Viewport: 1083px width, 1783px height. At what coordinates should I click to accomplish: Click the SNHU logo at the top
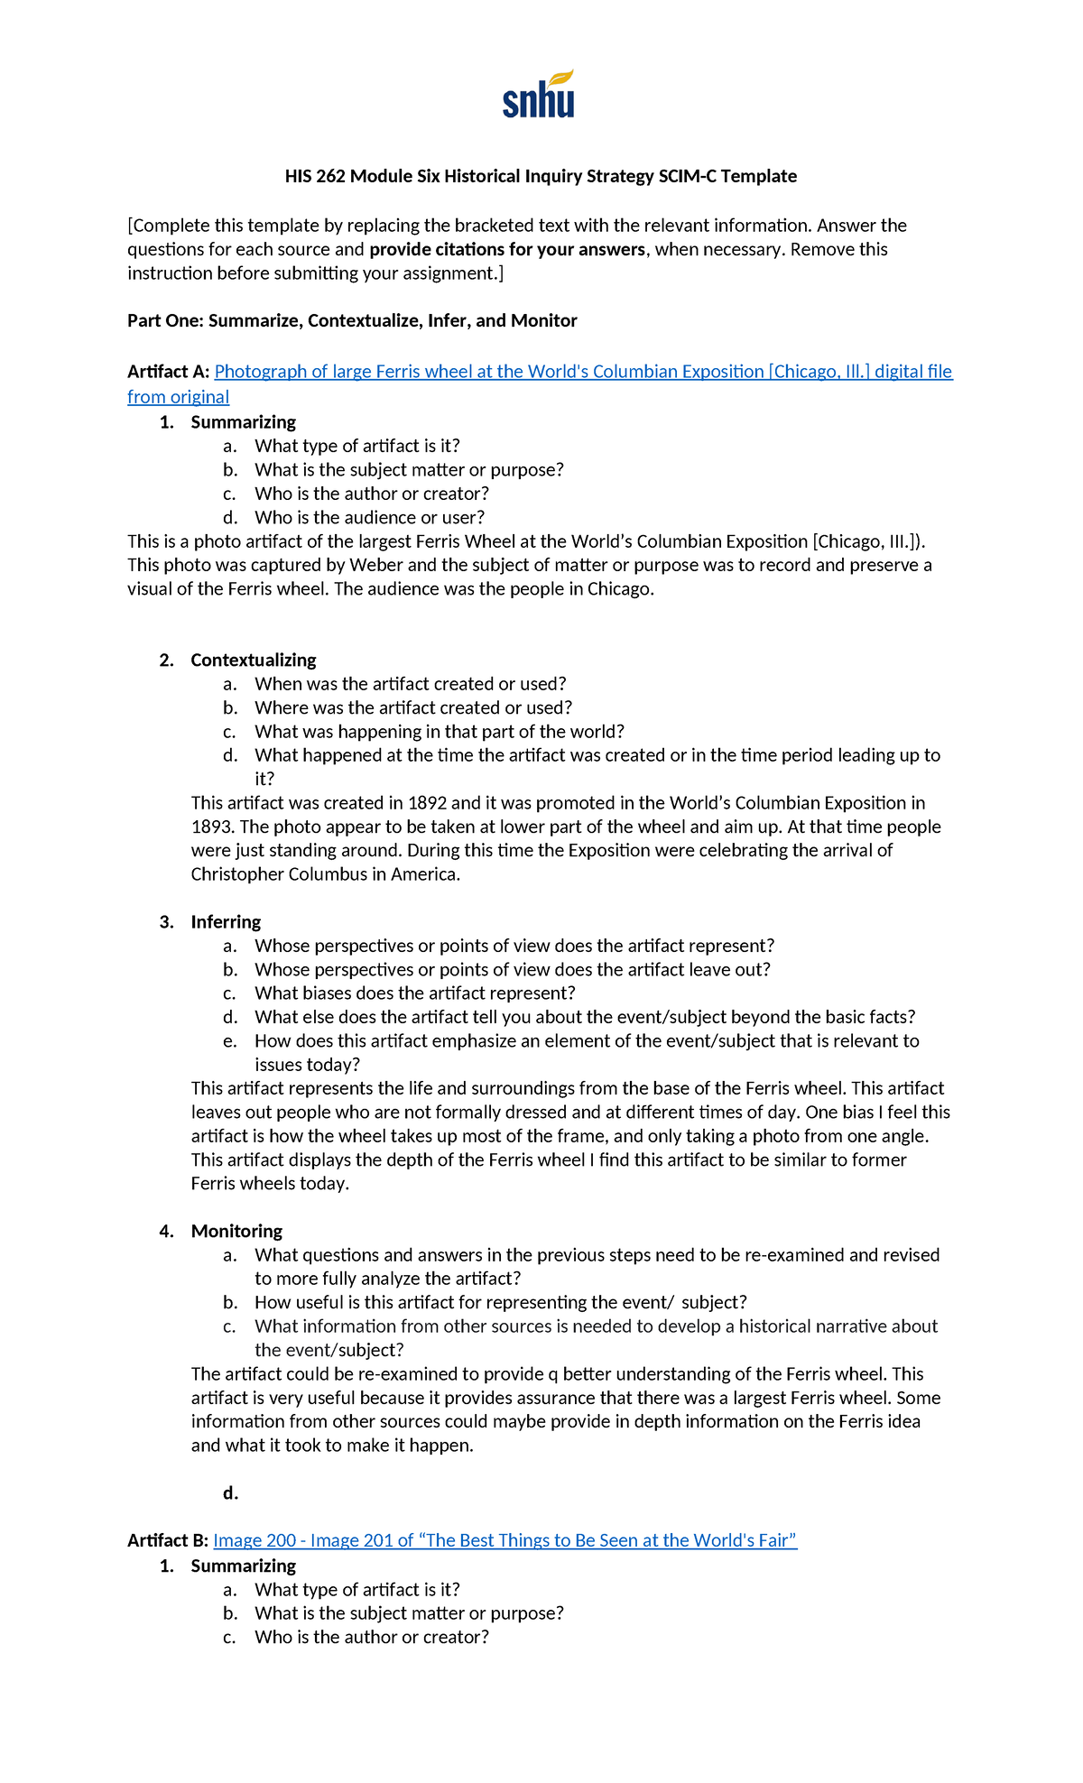coord(539,95)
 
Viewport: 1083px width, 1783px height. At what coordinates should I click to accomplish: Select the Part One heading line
coord(352,320)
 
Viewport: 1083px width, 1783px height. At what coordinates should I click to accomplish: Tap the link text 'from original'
coord(178,397)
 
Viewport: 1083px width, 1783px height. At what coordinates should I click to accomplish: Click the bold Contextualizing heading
coord(253,660)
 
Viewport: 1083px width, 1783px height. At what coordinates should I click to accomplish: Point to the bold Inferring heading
coord(226,921)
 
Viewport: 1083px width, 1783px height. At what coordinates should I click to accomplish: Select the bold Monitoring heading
coord(236,1231)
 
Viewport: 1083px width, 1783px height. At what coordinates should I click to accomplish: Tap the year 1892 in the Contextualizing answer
coord(427,803)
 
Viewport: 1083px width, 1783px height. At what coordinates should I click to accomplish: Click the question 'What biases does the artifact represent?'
coord(415,993)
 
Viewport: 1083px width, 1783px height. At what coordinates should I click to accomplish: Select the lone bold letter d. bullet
coord(230,1493)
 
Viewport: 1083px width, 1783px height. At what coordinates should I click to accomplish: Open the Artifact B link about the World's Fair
coord(505,1540)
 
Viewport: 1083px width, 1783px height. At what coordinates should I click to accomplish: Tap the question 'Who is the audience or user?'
coord(369,518)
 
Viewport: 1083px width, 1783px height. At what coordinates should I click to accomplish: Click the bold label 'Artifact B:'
coord(168,1540)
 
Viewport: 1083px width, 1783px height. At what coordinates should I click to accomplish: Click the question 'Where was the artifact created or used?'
coord(413,708)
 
